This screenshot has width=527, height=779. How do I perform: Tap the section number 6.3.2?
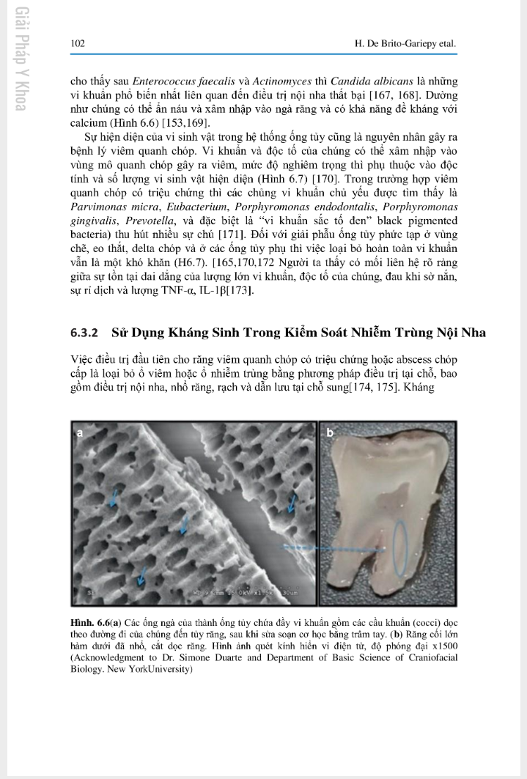click(85, 333)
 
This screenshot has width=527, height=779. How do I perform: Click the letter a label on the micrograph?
click(80, 433)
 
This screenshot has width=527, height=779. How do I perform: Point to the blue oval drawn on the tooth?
click(399, 546)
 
